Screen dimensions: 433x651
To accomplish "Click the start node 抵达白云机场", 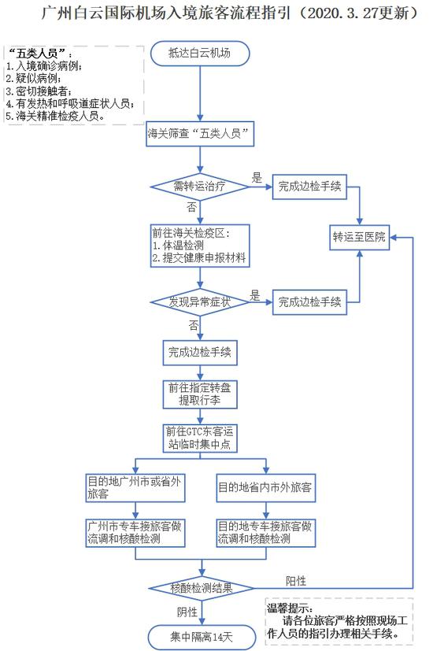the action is point(200,54).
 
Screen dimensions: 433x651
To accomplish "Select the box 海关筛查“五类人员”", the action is point(200,134).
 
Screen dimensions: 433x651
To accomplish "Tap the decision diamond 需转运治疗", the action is point(200,187).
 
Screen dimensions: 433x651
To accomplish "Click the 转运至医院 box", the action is point(360,237).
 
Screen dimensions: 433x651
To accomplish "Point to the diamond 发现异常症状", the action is point(200,301).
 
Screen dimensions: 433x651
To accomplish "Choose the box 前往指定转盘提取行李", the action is point(200,394).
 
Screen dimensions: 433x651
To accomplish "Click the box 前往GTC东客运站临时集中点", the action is point(200,438).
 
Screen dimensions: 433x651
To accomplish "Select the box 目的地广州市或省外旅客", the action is point(135,488).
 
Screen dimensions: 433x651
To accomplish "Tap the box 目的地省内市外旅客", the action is point(265,488).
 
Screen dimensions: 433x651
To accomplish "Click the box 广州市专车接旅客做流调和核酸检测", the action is point(135,533).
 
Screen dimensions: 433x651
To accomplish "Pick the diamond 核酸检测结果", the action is point(202,588).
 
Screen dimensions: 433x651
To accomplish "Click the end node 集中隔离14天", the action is point(202,637).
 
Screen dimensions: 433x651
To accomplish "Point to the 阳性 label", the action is point(296,581).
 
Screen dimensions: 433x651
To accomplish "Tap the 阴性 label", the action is point(187,612).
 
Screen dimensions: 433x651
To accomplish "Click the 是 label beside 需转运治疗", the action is point(257,178).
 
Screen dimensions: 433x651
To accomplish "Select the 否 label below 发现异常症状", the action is point(194,325).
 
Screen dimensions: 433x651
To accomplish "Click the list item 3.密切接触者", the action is point(39,91).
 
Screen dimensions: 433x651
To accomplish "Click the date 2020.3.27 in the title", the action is point(343,13).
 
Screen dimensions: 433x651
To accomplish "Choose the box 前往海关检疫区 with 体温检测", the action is point(200,246).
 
